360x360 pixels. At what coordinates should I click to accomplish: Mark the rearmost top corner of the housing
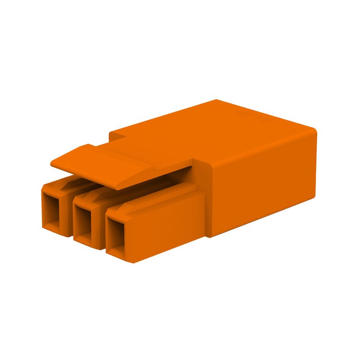[216, 100]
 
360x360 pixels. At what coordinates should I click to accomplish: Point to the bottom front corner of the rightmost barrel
[133, 262]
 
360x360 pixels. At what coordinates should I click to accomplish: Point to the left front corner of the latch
[51, 164]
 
